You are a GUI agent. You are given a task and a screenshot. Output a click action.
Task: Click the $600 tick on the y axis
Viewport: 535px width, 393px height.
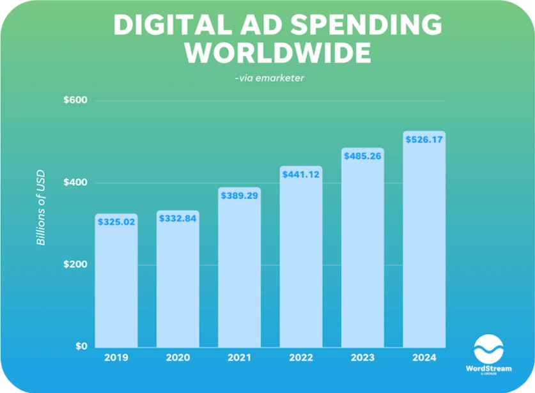(75, 101)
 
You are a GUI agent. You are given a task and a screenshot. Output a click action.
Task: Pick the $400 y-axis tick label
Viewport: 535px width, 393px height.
(75, 183)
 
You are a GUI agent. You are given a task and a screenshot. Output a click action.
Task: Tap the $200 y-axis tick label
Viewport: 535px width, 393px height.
(75, 265)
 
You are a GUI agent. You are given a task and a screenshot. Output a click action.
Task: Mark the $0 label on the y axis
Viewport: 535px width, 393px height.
(80, 346)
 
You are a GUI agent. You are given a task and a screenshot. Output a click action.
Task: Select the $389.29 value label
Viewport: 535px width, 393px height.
(239, 196)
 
